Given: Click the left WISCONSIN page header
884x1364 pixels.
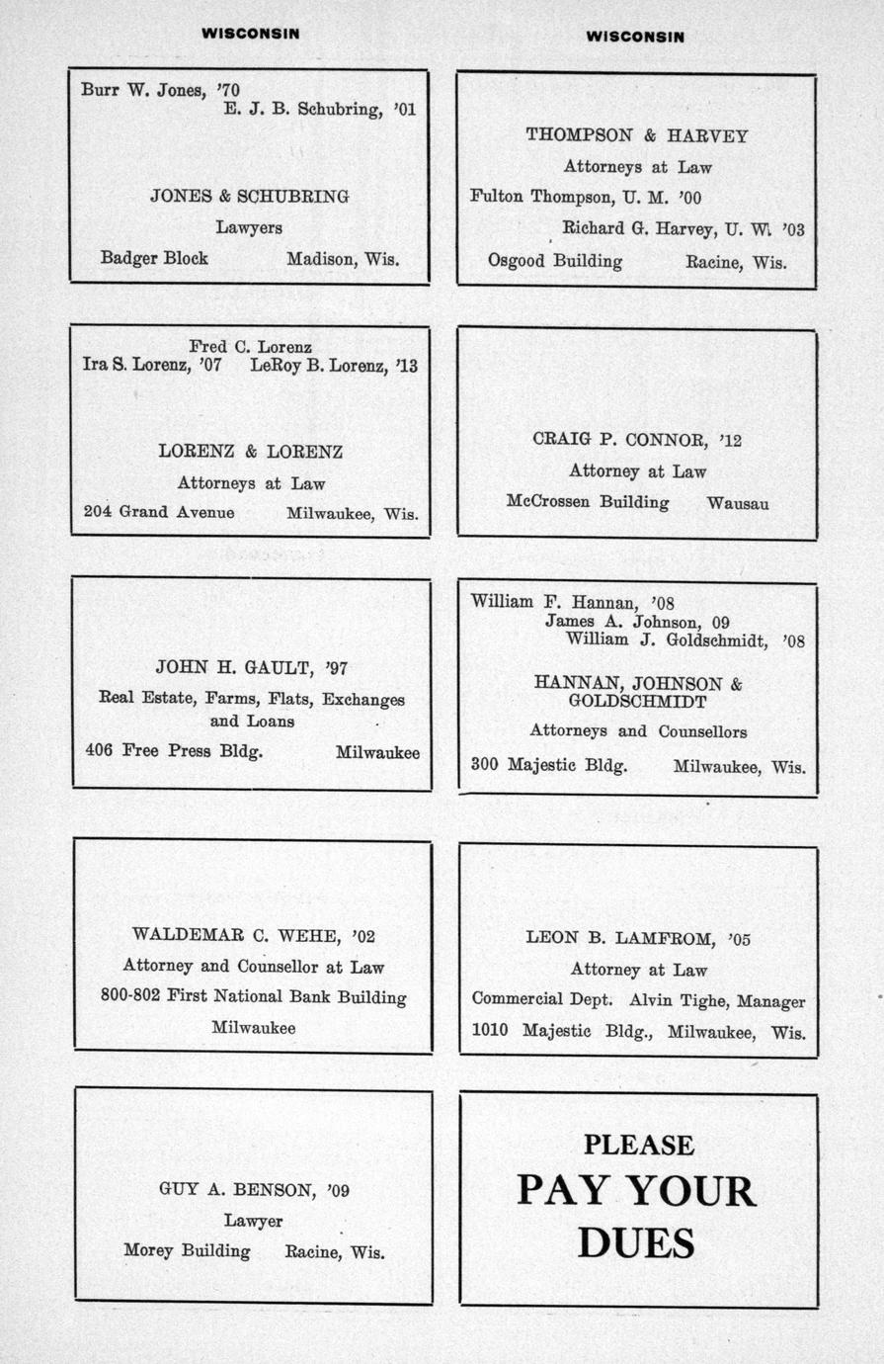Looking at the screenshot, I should point(251,34).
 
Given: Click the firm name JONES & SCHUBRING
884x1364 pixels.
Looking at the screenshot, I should point(249,196).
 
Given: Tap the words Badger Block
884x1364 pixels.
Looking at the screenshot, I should point(154,258).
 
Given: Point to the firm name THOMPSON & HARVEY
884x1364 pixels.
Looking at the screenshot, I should point(637,135).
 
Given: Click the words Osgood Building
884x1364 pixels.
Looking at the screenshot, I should point(555,261).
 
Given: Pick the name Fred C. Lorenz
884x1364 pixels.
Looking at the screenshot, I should point(250,347).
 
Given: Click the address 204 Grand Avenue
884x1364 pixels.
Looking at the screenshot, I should point(159,512).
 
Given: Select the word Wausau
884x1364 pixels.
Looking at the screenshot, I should point(738,503).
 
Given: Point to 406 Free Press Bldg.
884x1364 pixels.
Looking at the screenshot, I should point(174,750).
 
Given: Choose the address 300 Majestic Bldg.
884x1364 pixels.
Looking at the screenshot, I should point(549,764).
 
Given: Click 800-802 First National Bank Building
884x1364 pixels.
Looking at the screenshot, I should point(253,996).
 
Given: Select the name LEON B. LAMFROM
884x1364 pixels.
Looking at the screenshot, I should point(619,937).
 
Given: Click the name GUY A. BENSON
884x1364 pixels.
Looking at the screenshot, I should point(236,1189).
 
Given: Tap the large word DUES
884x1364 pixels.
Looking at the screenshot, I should point(636,1242).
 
